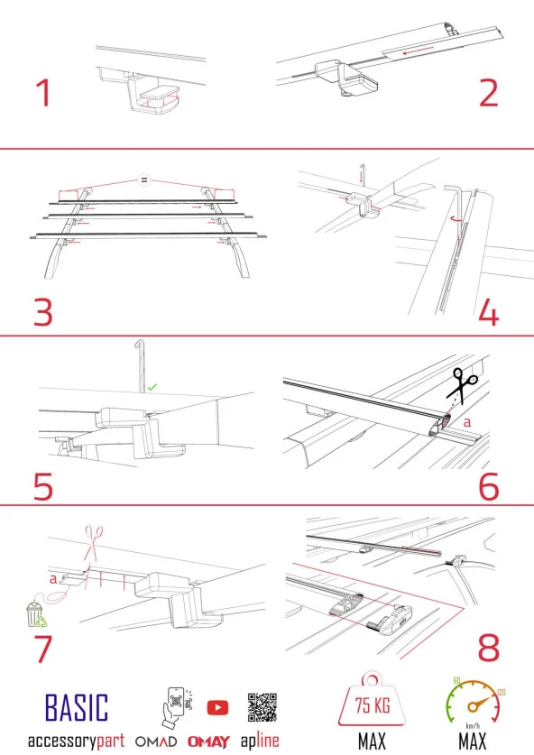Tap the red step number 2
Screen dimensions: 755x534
[x=488, y=94]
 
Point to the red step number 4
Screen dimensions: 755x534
[x=488, y=311]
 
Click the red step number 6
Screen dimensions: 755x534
[x=488, y=485]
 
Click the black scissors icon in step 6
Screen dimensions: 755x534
[x=466, y=388]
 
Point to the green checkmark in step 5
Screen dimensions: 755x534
[x=152, y=386]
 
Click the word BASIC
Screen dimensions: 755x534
[x=76, y=708]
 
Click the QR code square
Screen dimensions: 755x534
[x=262, y=707]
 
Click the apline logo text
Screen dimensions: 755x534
[x=260, y=741]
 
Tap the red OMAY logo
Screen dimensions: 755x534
[x=209, y=741]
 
